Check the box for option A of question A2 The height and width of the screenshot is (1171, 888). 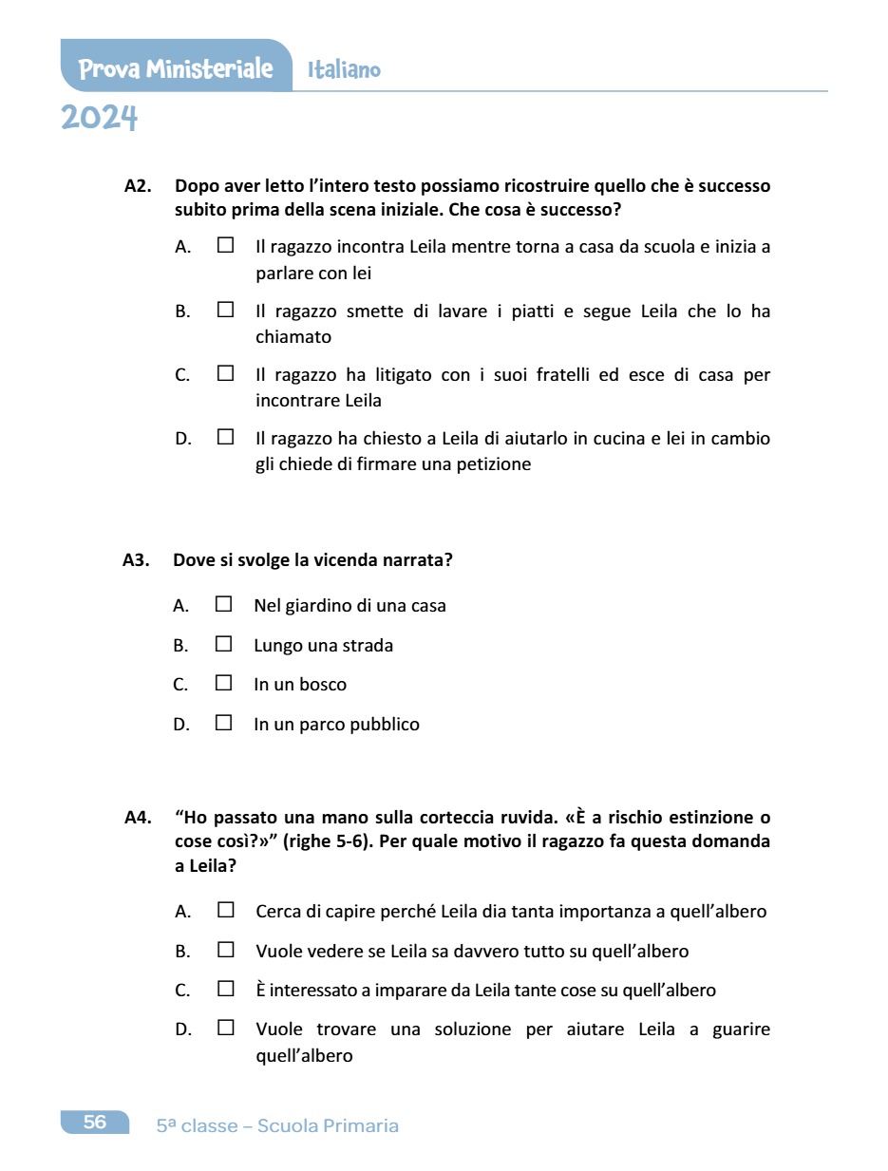click(x=225, y=245)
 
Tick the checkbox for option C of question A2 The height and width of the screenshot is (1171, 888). click(x=225, y=373)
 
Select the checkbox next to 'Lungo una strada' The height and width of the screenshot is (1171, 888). click(x=223, y=644)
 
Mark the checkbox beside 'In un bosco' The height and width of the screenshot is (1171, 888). click(x=223, y=683)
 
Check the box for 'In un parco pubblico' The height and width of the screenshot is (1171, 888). click(x=223, y=723)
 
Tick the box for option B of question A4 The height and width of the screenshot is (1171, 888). click(x=225, y=949)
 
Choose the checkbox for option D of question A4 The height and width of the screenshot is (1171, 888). click(x=225, y=1028)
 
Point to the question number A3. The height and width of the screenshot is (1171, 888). click(x=137, y=560)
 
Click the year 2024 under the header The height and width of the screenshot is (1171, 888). click(x=100, y=119)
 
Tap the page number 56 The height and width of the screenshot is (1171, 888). click(x=95, y=1123)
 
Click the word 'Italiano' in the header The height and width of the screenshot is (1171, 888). click(x=344, y=70)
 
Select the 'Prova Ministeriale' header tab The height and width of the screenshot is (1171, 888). click(x=176, y=68)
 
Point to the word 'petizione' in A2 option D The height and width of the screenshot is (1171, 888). click(x=496, y=464)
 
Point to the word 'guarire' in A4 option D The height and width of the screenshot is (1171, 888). click(x=741, y=1029)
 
